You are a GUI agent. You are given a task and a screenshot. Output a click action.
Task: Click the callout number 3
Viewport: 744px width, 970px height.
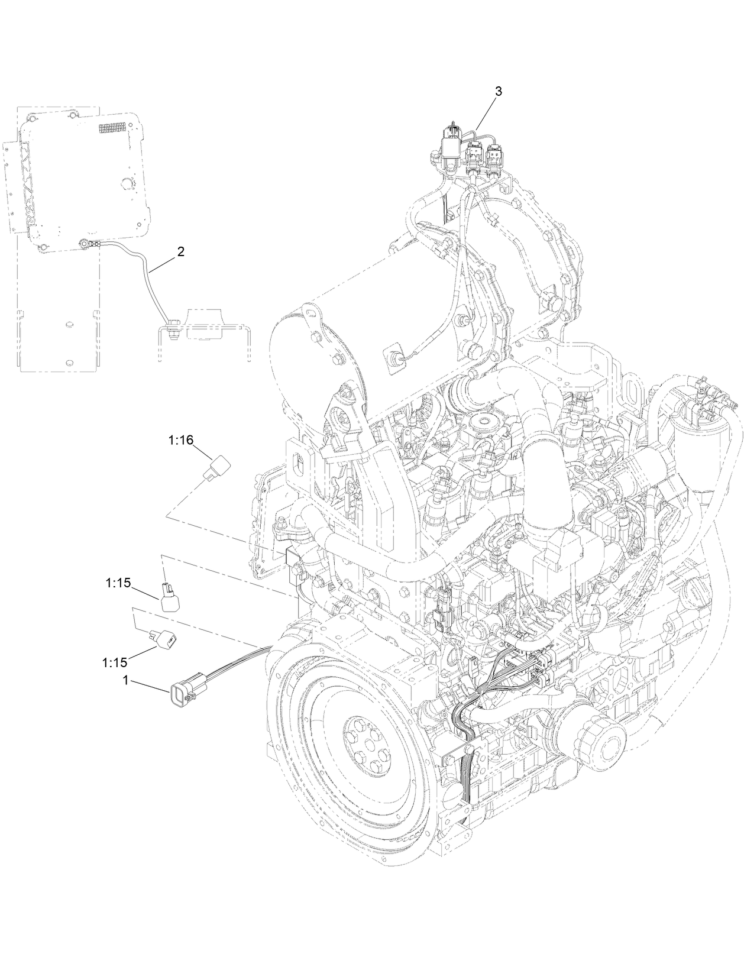(x=498, y=91)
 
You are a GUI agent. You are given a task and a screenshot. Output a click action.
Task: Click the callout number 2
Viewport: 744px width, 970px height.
(x=180, y=251)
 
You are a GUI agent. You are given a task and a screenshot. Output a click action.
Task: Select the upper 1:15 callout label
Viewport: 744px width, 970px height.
(x=118, y=583)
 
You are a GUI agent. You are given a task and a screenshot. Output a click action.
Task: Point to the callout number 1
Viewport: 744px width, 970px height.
(x=125, y=681)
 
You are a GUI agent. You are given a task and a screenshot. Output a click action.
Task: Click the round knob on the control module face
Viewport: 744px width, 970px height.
(x=126, y=183)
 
